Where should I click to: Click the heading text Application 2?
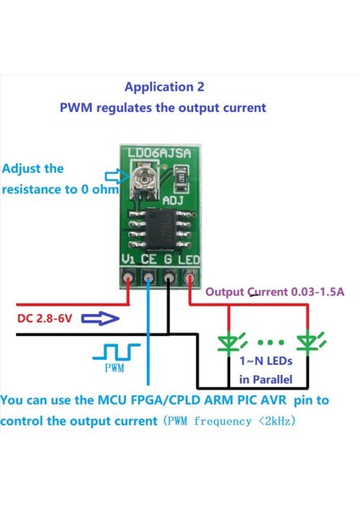[x=164, y=87]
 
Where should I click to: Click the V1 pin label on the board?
[x=128, y=259]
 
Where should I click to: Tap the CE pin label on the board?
[x=149, y=259]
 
